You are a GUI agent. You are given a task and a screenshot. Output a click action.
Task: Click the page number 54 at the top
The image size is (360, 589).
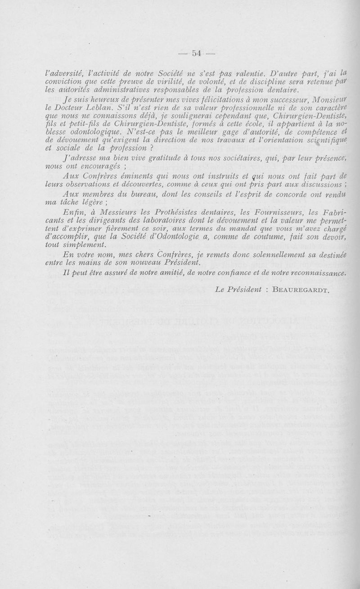coord(196,53)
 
